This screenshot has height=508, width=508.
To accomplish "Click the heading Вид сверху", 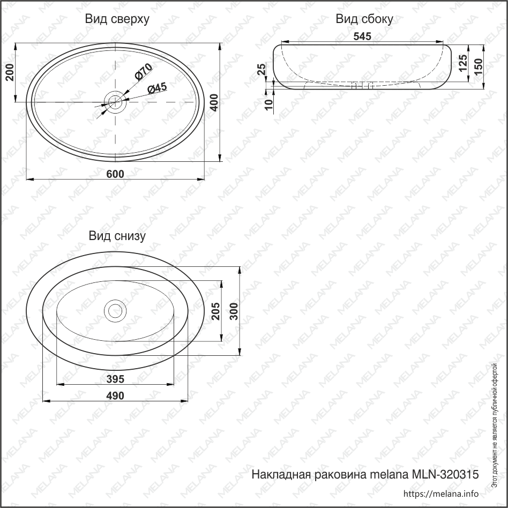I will point(117,19).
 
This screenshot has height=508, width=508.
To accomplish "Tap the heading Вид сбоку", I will point(364,19).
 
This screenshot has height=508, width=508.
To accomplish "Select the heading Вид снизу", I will point(117,236).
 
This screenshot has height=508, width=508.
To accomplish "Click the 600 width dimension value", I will point(116,174).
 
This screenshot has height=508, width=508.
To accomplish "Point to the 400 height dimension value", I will point(214,102).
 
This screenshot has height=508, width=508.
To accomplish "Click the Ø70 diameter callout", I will point(144,72).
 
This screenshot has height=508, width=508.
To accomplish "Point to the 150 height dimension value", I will point(479,66).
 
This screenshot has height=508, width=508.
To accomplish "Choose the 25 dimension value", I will point(262,69).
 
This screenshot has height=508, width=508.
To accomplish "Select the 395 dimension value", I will point(116,379).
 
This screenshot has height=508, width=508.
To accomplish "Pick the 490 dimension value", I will point(116,395).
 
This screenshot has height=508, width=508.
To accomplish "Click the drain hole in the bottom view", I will point(115,310).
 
